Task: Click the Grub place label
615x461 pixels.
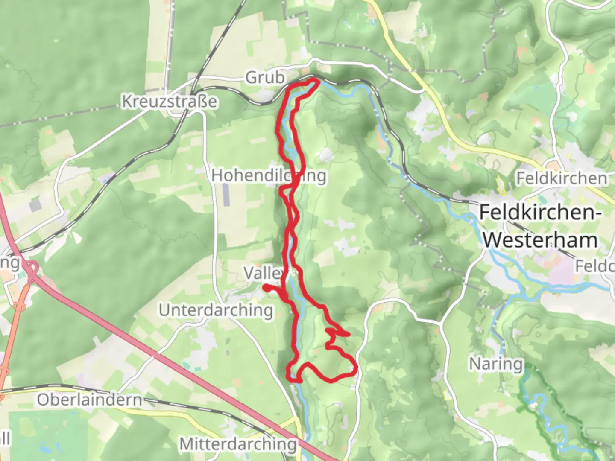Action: (265, 78)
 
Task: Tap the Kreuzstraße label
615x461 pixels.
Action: (169, 102)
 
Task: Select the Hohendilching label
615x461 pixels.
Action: (269, 175)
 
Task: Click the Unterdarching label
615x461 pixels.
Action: (216, 310)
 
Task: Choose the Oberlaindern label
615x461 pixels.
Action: (89, 400)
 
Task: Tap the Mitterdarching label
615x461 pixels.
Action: (238, 444)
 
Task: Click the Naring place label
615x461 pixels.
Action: (496, 364)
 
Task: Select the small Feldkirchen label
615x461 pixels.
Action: (561, 178)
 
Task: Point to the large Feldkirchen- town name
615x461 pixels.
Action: (538, 212)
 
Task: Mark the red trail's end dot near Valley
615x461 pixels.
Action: (266, 288)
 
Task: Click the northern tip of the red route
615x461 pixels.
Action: (315, 80)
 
